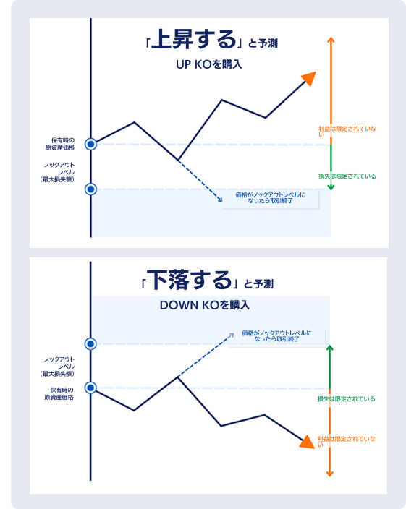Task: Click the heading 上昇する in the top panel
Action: point(193,40)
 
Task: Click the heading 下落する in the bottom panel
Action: point(189,280)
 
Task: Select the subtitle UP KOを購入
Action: point(209,64)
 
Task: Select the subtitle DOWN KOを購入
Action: point(205,305)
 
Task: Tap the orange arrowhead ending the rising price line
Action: point(309,79)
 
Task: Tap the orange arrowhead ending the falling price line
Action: point(308,442)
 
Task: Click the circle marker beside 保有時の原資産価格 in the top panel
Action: point(91,144)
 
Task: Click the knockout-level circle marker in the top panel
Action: point(91,189)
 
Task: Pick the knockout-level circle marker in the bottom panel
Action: point(90,343)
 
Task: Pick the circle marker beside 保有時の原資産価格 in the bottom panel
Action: point(90,388)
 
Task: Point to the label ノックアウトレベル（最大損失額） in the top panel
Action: point(57,172)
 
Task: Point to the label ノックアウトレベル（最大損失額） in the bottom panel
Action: point(57,367)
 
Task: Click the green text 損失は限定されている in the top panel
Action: point(347,176)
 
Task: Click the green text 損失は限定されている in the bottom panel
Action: point(346,398)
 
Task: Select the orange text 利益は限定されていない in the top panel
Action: point(347,131)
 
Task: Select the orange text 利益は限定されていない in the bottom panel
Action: point(346,442)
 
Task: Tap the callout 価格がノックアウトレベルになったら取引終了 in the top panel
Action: point(270,197)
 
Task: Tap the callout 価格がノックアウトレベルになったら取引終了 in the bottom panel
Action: point(276,336)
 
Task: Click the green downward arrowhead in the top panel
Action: point(331,187)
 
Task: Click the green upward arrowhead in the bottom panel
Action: point(330,348)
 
